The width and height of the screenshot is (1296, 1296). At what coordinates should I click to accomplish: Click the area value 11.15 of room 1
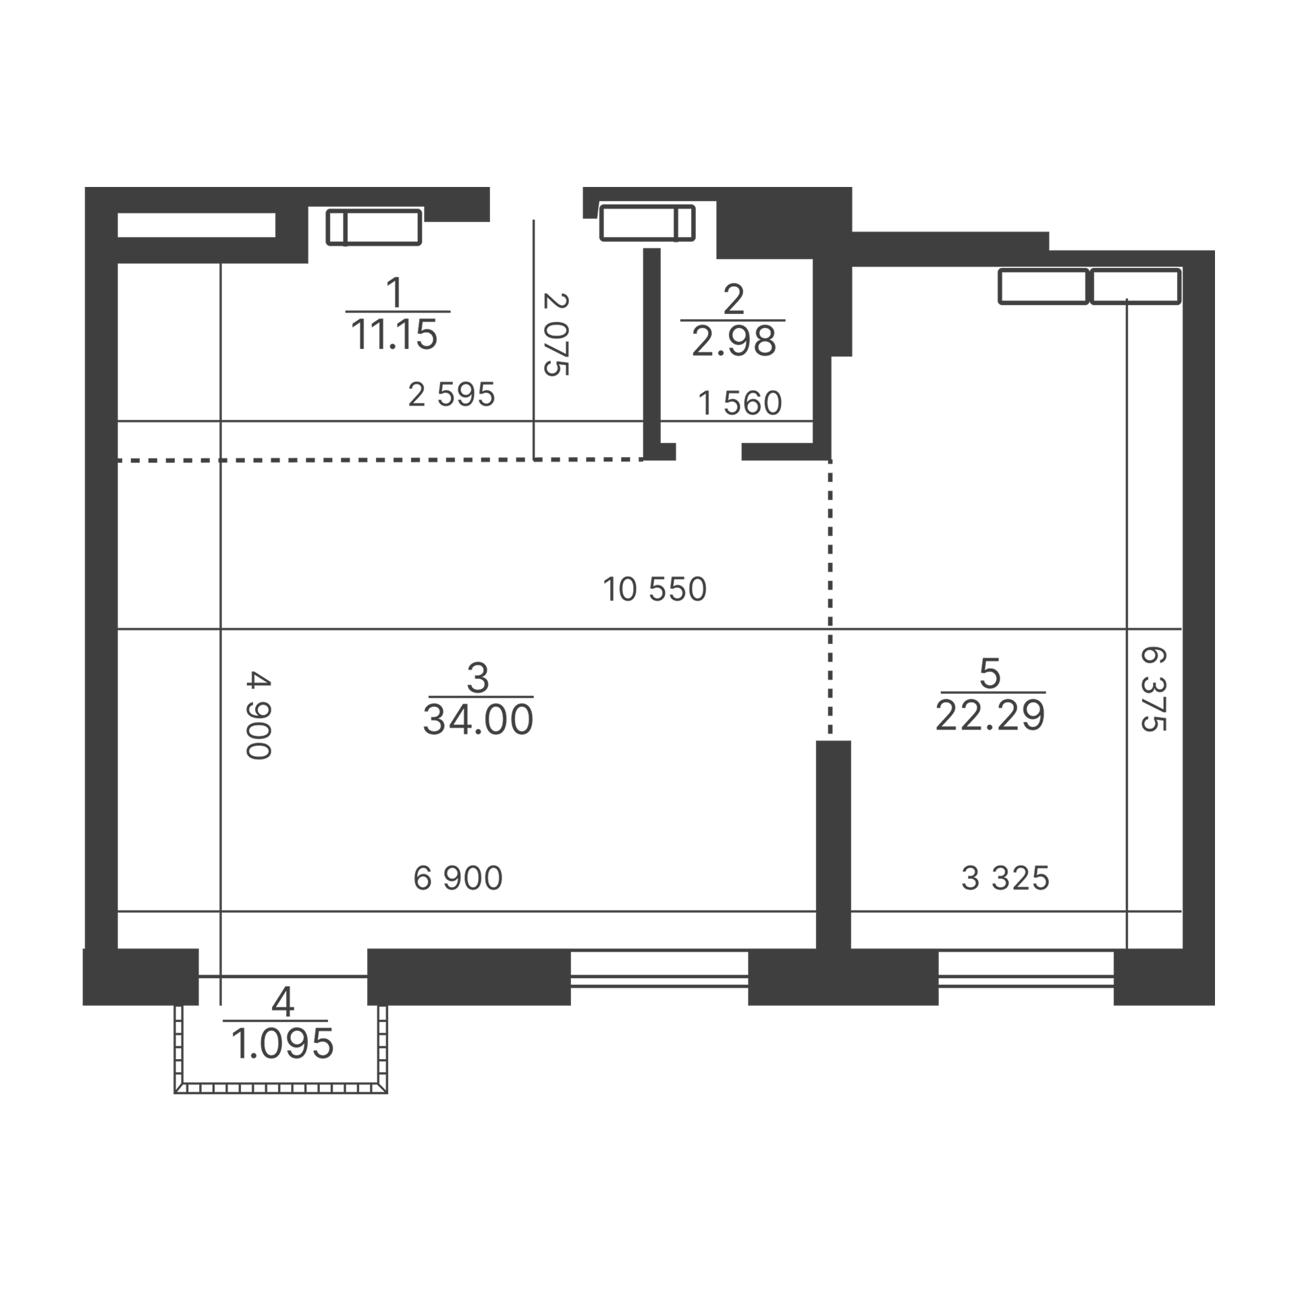394,334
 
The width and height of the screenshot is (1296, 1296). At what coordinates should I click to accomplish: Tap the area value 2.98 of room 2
734,342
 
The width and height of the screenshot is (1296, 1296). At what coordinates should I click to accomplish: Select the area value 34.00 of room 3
479,719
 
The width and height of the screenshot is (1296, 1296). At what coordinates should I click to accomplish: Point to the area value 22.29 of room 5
990,715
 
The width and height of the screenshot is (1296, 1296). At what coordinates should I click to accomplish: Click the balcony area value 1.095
282,1044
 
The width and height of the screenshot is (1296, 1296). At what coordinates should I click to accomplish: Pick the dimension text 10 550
655,589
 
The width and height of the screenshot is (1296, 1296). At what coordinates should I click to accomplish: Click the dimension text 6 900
458,878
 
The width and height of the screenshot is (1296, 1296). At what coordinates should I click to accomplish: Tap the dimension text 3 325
1005,879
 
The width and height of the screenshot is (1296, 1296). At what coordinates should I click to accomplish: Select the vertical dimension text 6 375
1154,688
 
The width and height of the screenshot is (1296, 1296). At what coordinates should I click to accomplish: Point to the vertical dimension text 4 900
259,715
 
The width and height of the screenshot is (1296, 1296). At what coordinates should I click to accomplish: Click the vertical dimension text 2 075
556,334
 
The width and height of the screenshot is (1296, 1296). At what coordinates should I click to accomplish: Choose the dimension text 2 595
452,394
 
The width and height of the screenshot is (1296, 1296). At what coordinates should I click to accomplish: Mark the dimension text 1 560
740,403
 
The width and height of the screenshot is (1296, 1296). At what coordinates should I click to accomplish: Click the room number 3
477,677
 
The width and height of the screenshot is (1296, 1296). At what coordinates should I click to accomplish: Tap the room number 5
990,673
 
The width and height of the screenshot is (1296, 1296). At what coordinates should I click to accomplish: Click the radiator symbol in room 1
374,227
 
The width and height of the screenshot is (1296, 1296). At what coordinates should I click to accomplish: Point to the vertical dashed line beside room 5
830,597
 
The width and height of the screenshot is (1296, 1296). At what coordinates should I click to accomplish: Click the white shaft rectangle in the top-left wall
196,225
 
